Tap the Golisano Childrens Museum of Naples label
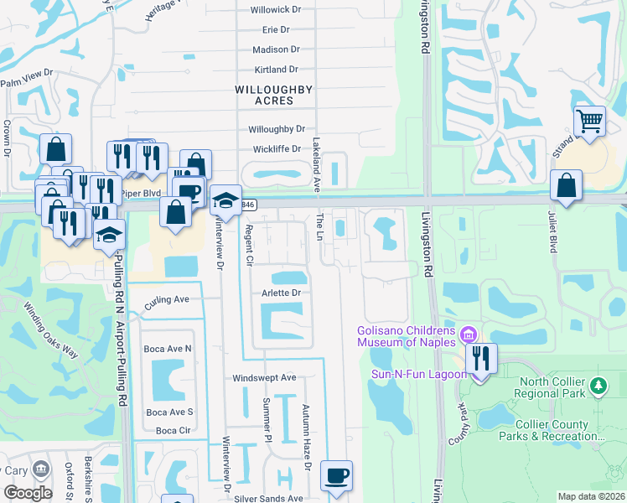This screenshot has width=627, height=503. (406, 335)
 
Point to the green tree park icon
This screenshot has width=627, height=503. (598, 386)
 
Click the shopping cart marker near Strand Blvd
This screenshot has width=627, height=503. (590, 122)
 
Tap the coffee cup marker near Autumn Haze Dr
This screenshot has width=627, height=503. (337, 476)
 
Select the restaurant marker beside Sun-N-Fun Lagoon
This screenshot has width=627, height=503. (480, 359)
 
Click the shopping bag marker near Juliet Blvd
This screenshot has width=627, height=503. (567, 185)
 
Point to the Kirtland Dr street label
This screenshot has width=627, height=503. (276, 70)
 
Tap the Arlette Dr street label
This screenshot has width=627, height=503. (282, 293)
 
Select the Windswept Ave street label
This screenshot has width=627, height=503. (265, 378)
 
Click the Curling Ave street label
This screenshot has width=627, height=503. (167, 300)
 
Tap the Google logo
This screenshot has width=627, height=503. (28, 493)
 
